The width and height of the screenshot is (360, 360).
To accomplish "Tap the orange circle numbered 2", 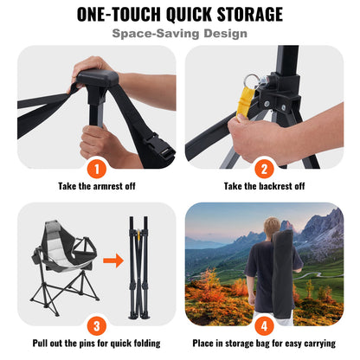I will click(x=264, y=168).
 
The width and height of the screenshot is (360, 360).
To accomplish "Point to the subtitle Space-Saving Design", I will click(x=180, y=34).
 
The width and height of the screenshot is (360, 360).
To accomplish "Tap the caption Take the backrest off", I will click(x=264, y=186).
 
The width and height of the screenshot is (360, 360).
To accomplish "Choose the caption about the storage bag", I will click(x=264, y=342).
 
